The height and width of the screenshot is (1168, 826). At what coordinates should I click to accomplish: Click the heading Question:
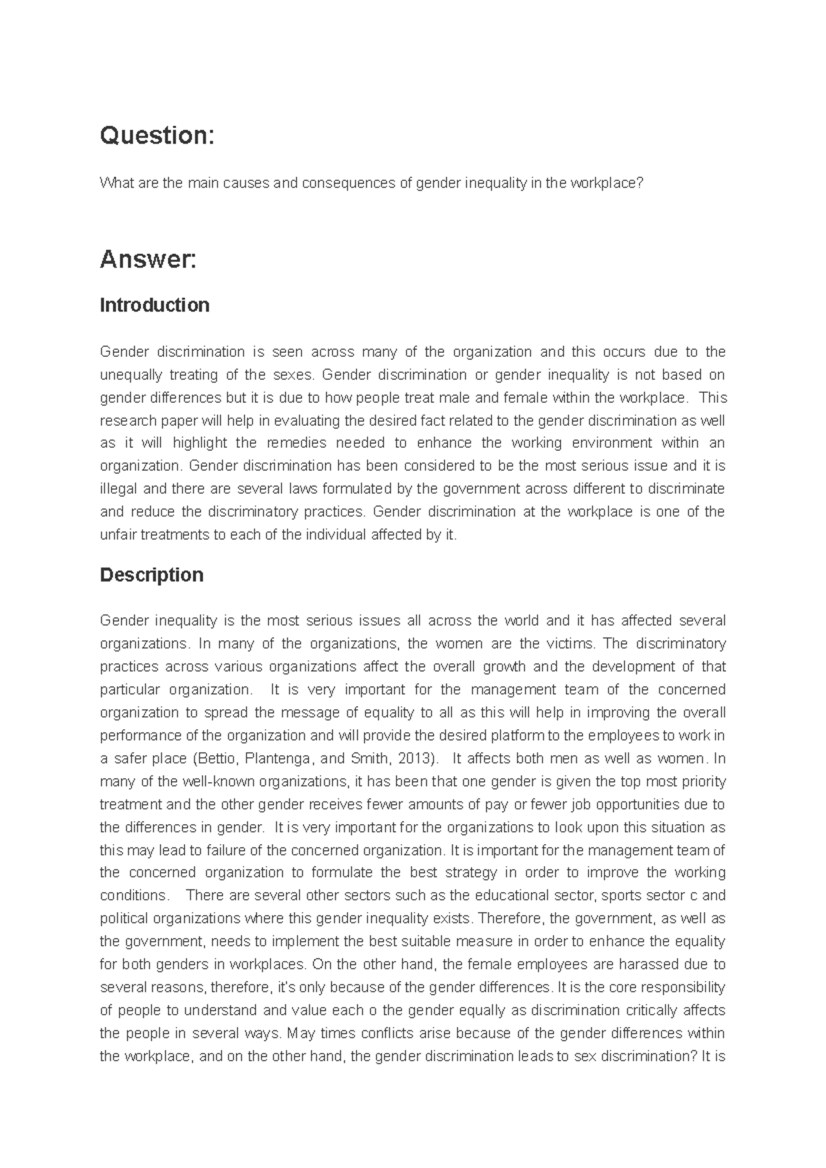(157, 136)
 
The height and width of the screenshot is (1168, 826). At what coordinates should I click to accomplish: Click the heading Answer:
(148, 260)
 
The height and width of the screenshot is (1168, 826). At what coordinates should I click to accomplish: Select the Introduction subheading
(154, 305)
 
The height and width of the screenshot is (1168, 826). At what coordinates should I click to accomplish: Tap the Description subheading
(151, 574)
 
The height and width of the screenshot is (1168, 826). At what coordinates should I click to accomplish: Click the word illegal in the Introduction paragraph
(118, 489)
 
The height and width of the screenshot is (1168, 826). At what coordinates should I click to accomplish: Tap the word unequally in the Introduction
(131, 375)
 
